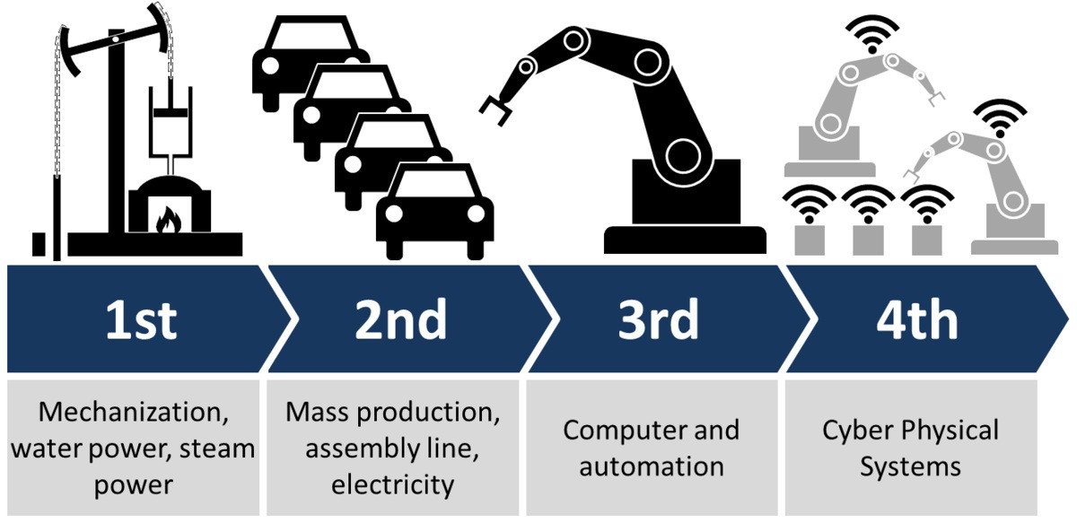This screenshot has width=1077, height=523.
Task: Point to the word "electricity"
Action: tap(391, 485)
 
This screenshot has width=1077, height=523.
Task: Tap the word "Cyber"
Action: tap(853, 430)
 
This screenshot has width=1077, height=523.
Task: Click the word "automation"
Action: tap(652, 466)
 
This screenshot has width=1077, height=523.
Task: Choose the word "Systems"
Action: tap(910, 466)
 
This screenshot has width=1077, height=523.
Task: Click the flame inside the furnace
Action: tap(168, 220)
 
